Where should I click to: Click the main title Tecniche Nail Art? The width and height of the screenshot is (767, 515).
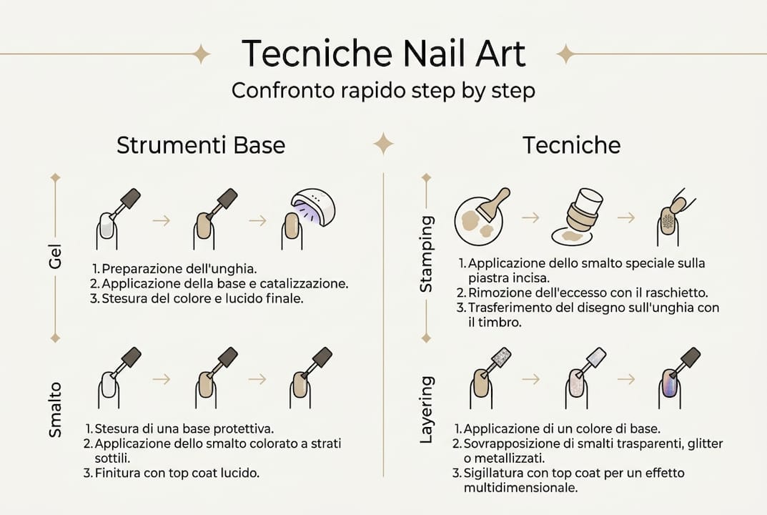(383, 54)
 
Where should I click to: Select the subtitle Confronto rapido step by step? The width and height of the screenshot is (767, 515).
(383, 92)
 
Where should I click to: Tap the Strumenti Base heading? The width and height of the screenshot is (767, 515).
(201, 145)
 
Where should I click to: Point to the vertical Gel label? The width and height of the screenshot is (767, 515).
(56, 257)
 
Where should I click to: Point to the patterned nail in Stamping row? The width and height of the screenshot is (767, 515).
(667, 222)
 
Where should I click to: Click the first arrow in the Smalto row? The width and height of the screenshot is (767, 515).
(162, 379)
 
